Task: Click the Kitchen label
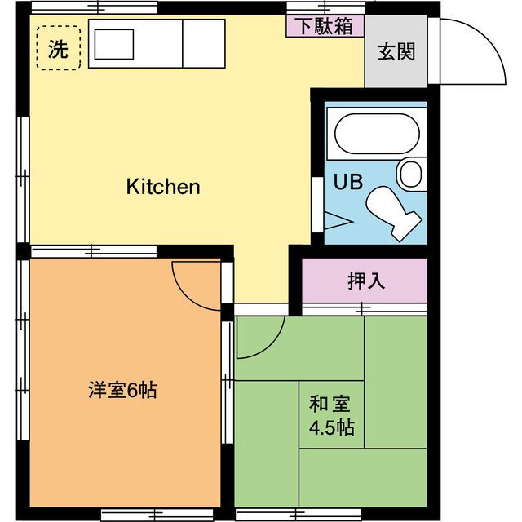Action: (163, 187)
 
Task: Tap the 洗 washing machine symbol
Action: (58, 48)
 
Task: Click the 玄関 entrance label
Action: (396, 52)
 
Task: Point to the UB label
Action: (341, 180)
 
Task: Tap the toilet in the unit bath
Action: (395, 210)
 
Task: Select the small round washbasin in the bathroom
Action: (410, 173)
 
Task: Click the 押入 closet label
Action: (365, 281)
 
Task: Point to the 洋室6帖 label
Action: (122, 390)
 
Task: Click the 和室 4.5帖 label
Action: (330, 416)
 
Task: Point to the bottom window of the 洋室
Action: (135, 515)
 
